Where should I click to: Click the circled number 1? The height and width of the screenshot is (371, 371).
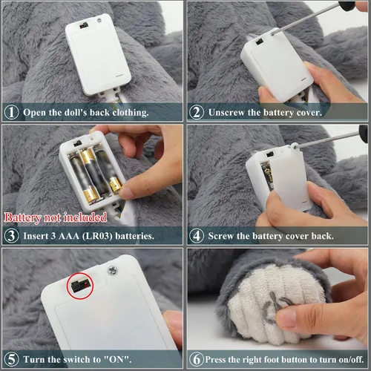pyautogui.click(x=11, y=112)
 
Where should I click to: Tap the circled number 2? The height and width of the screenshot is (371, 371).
pyautogui.click(x=197, y=112)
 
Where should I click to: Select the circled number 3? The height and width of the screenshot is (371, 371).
pyautogui.click(x=11, y=235)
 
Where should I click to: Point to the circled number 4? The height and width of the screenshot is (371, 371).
pyautogui.click(x=197, y=235)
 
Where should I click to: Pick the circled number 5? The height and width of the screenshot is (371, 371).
pyautogui.click(x=11, y=359)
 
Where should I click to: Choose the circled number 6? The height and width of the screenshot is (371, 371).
pyautogui.click(x=197, y=359)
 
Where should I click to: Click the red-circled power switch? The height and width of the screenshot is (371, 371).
pyautogui.click(x=79, y=286)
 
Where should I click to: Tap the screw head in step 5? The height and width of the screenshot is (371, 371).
pyautogui.click(x=113, y=271)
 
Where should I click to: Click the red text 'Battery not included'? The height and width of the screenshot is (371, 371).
pyautogui.click(x=56, y=217)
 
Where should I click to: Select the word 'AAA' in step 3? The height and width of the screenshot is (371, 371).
pyautogui.click(x=69, y=236)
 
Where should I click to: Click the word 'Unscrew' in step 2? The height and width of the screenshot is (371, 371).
pyautogui.click(x=226, y=113)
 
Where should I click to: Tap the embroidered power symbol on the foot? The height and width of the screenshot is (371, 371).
pyautogui.click(x=275, y=308)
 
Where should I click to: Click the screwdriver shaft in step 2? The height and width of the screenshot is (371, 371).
pyautogui.click(x=306, y=18)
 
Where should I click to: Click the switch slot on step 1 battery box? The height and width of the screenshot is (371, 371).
pyautogui.click(x=84, y=25)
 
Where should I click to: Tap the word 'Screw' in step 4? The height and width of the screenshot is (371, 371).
pyautogui.click(x=220, y=236)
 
